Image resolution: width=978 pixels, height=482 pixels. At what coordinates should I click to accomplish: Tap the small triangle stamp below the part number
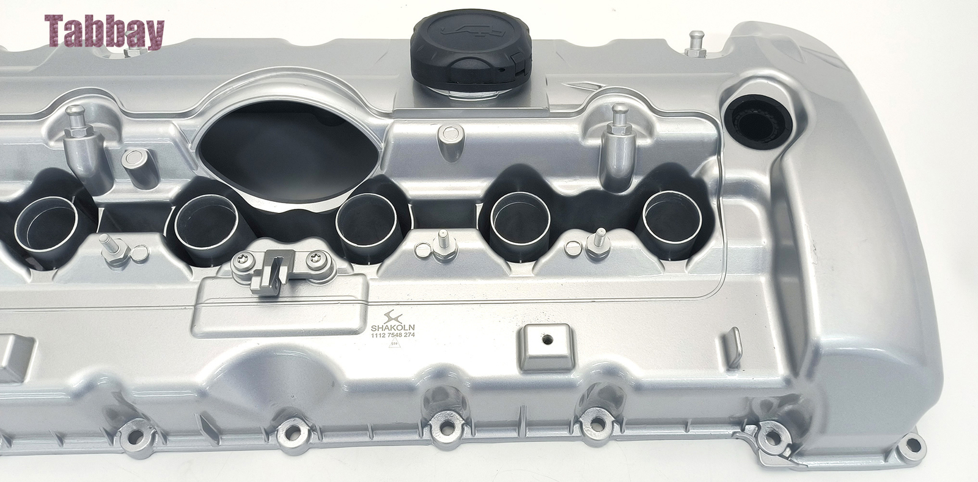pyautogui.click(x=388, y=346)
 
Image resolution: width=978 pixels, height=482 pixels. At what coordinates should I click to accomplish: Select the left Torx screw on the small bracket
pyautogui.click(x=244, y=260)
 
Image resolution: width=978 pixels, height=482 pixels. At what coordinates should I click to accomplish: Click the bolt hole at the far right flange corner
pyautogui.click(x=913, y=442)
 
